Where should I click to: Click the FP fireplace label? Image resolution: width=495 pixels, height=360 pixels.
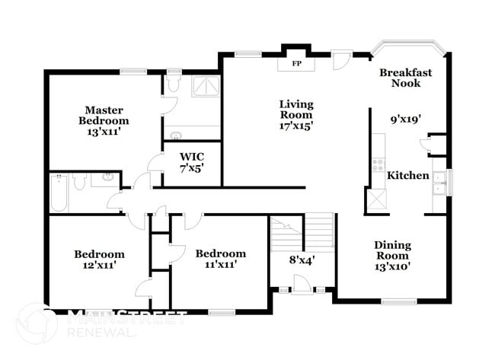297,63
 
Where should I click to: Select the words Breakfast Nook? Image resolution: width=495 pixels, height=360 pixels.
406,78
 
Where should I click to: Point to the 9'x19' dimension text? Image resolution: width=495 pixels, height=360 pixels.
406,119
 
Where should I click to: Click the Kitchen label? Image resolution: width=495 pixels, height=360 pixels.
408,176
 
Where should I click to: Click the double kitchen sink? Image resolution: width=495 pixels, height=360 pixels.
439,183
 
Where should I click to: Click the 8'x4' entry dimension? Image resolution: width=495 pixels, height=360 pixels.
302,260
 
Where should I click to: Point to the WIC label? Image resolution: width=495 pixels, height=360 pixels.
191,158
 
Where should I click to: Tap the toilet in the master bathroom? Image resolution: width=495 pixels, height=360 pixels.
172,84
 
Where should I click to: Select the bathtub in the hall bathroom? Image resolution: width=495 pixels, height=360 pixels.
59,193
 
